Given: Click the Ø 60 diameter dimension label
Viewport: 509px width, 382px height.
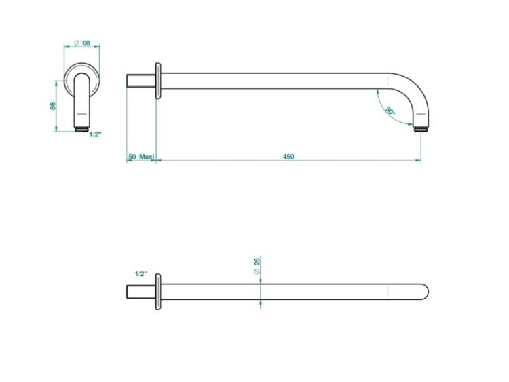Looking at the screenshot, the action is click(x=82, y=43).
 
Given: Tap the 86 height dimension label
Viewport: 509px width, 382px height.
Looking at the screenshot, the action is click(x=53, y=106).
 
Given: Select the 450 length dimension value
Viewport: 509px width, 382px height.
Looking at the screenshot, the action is click(x=288, y=157).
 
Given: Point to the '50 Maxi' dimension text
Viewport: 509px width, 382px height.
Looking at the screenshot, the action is click(x=141, y=157).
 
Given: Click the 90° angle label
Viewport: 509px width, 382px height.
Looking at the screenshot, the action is click(x=390, y=111).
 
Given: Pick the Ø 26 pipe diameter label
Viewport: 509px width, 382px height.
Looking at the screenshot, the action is click(x=257, y=266).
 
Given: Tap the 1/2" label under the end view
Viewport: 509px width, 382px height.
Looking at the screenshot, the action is click(x=96, y=135).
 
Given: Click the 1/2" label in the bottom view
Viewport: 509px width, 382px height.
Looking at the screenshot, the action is click(x=141, y=274).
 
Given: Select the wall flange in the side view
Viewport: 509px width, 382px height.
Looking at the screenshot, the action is click(x=158, y=81).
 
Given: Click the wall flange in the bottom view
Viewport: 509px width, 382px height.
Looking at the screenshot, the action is click(x=158, y=292).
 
